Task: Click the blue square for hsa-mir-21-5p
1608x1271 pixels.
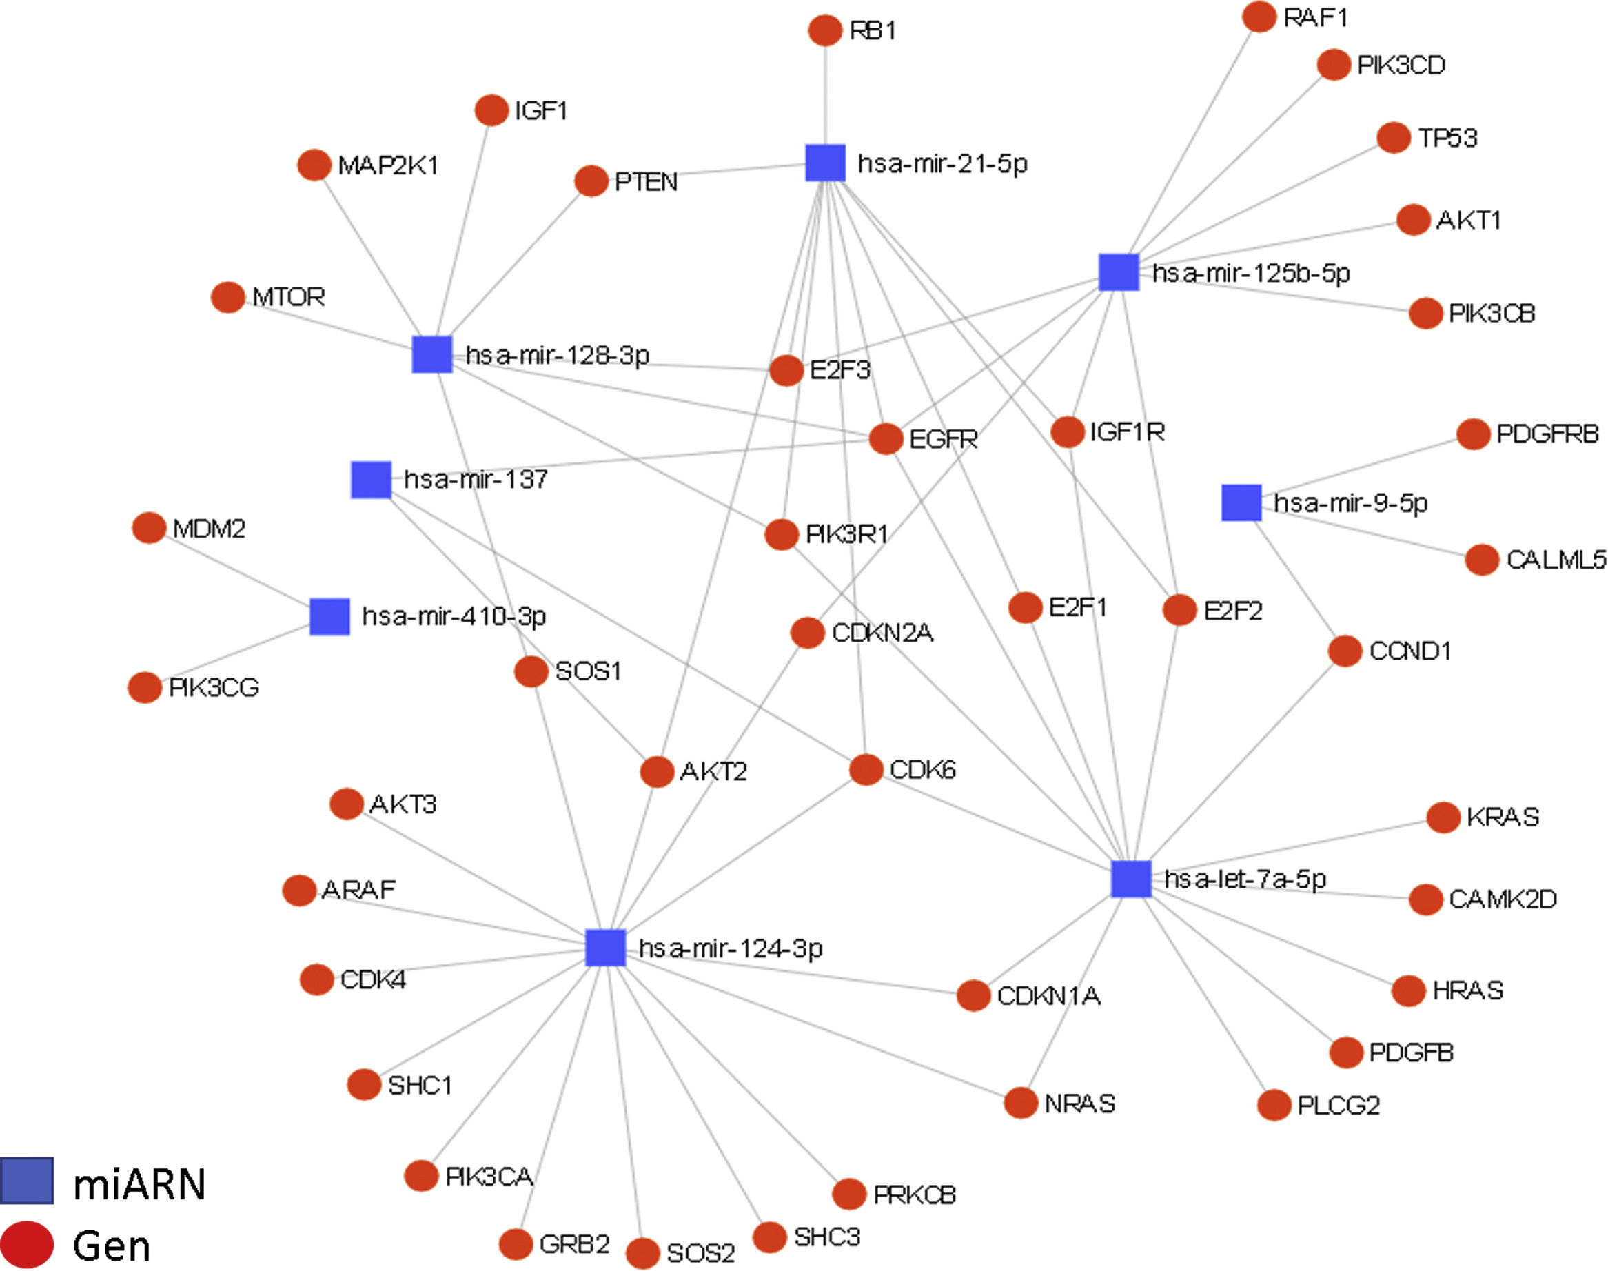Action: pos(825,163)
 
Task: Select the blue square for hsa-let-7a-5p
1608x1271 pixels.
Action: pos(1131,878)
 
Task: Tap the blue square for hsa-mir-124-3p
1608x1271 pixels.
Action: pos(605,947)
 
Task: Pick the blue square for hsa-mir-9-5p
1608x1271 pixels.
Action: pos(1241,502)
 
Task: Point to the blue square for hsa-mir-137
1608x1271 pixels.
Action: pos(371,479)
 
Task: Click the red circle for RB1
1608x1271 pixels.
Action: pos(824,30)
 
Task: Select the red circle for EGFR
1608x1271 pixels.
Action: pos(886,438)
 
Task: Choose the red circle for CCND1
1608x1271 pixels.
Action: pos(1345,651)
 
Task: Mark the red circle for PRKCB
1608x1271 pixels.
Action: pos(849,1194)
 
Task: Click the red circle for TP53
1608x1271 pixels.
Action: pos(1394,138)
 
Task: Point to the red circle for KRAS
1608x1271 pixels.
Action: pos(1443,817)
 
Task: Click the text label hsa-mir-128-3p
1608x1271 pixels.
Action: pos(558,355)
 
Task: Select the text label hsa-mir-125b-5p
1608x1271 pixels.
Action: pos(1251,273)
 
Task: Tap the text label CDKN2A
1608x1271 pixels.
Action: pos(882,633)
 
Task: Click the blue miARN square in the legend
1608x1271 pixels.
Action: pos(27,1180)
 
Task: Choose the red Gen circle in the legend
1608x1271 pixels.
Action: pos(27,1243)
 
